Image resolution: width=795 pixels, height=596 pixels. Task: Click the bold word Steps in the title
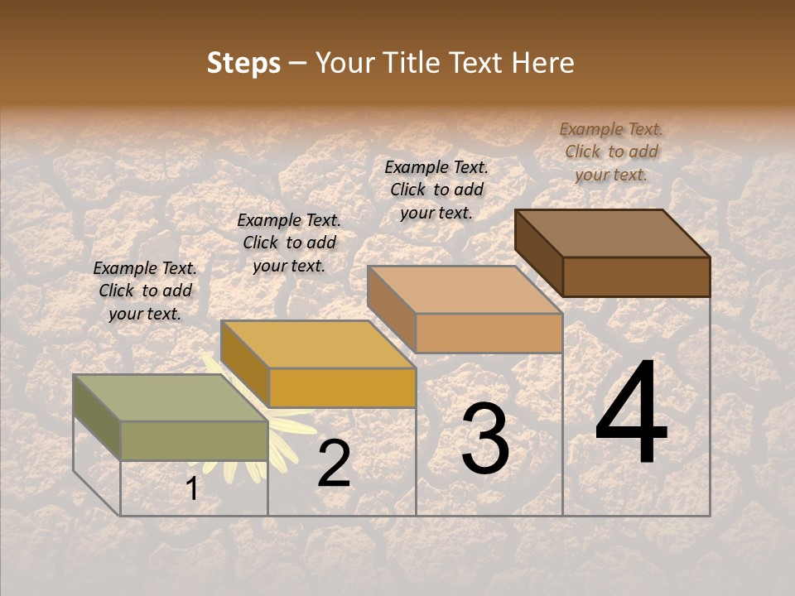click(x=243, y=63)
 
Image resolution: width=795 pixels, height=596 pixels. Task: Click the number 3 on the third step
click(x=485, y=438)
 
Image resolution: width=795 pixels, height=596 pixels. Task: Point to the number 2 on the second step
click(x=334, y=463)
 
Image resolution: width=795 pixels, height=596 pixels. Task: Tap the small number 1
click(x=192, y=488)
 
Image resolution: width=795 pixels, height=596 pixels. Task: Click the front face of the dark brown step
click(x=636, y=276)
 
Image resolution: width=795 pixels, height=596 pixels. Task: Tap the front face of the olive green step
click(x=194, y=440)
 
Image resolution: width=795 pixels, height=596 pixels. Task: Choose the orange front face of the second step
click(x=342, y=387)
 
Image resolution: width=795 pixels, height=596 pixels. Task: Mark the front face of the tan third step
click(x=489, y=333)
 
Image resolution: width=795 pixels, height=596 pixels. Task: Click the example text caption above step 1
click(x=145, y=291)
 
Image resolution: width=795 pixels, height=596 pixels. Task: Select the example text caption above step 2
click(x=289, y=243)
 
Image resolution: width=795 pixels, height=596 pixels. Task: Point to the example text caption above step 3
click(x=436, y=190)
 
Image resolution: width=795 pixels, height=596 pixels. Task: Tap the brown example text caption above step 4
click(x=611, y=151)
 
